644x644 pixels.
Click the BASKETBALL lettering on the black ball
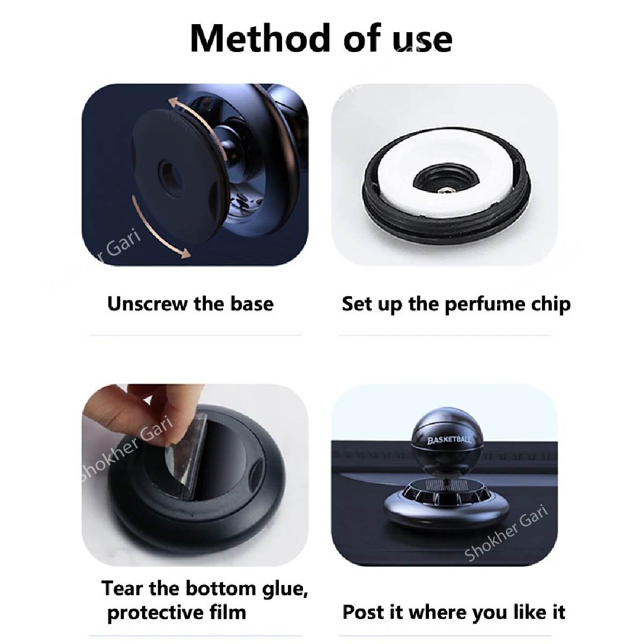click(x=449, y=440)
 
